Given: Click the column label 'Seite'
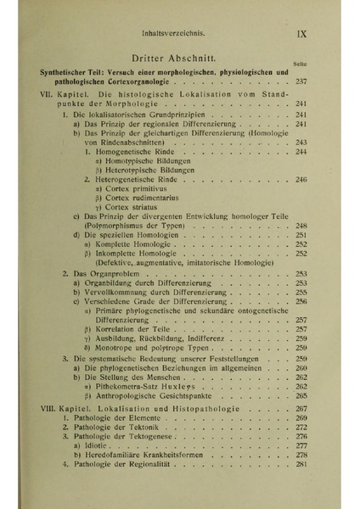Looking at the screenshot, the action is coord(299,64).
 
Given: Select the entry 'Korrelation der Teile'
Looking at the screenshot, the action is coord(135,329).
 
